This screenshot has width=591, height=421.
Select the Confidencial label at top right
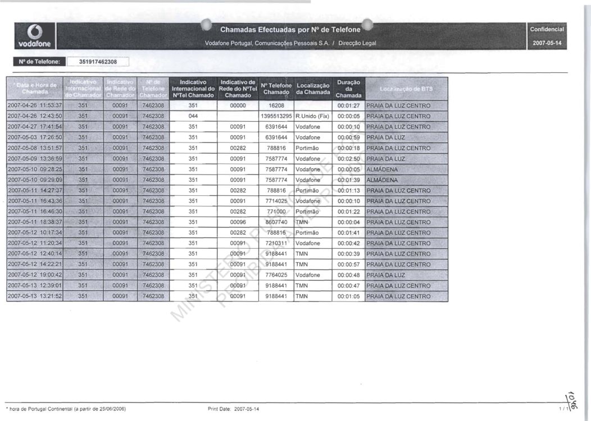(x=548, y=29)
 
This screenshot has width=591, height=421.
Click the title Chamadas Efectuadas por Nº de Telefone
(x=290, y=29)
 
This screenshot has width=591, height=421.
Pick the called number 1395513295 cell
(x=276, y=116)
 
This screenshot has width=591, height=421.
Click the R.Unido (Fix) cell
(x=312, y=116)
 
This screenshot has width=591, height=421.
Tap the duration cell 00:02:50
(x=348, y=159)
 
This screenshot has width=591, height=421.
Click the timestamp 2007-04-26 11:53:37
(x=35, y=106)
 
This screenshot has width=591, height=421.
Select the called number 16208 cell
(x=276, y=106)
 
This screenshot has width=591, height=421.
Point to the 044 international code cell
(x=193, y=116)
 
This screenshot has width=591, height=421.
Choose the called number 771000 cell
(x=276, y=212)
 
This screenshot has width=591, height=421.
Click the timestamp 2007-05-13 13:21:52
(x=35, y=296)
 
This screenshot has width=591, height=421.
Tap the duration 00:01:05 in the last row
(x=348, y=296)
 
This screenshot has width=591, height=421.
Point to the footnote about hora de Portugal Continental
(x=66, y=409)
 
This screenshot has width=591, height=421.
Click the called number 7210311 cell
(x=276, y=243)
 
